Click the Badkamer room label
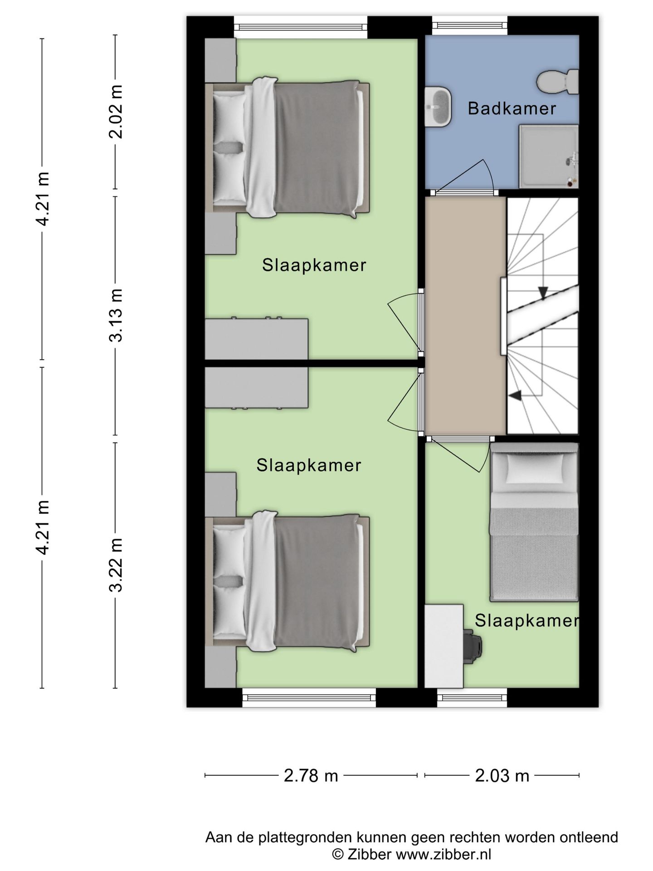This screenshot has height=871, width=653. pyautogui.click(x=512, y=108)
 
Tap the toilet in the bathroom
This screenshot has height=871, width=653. pyautogui.click(x=558, y=81)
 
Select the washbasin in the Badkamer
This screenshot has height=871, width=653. pyautogui.click(x=438, y=106)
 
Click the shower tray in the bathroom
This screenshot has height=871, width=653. pyautogui.click(x=549, y=157)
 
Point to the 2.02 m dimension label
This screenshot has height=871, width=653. pyautogui.click(x=117, y=112)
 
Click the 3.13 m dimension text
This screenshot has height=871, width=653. pyautogui.click(x=117, y=315)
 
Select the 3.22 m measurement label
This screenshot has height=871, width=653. pyautogui.click(x=117, y=565)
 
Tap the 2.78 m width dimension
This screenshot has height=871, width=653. pyautogui.click(x=311, y=775)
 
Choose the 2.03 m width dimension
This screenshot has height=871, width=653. pyautogui.click(x=502, y=775)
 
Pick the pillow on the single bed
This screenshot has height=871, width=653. pyautogui.click(x=536, y=468)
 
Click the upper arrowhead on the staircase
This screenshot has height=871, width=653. pyautogui.click(x=543, y=293)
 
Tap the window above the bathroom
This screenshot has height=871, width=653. pyautogui.click(x=469, y=25)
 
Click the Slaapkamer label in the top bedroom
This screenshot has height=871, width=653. pyautogui.click(x=314, y=265)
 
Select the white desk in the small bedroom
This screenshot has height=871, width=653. pyautogui.click(x=444, y=646)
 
